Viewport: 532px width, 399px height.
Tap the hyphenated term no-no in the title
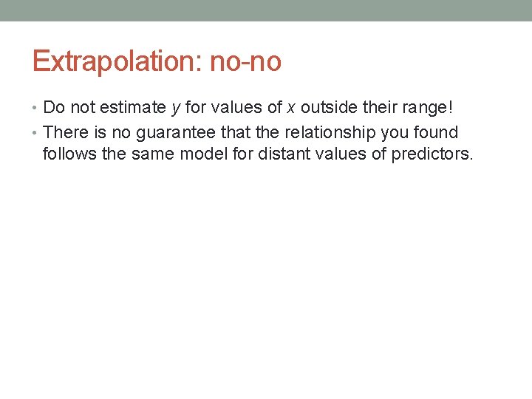tap(245, 61)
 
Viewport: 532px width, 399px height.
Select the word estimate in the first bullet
tap(136, 108)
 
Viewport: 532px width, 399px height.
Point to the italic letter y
tap(176, 109)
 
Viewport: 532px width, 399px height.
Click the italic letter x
tap(292, 108)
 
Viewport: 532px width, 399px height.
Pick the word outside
tap(328, 108)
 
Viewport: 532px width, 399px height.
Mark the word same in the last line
tap(151, 154)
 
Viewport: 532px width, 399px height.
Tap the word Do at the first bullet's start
tap(54, 108)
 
